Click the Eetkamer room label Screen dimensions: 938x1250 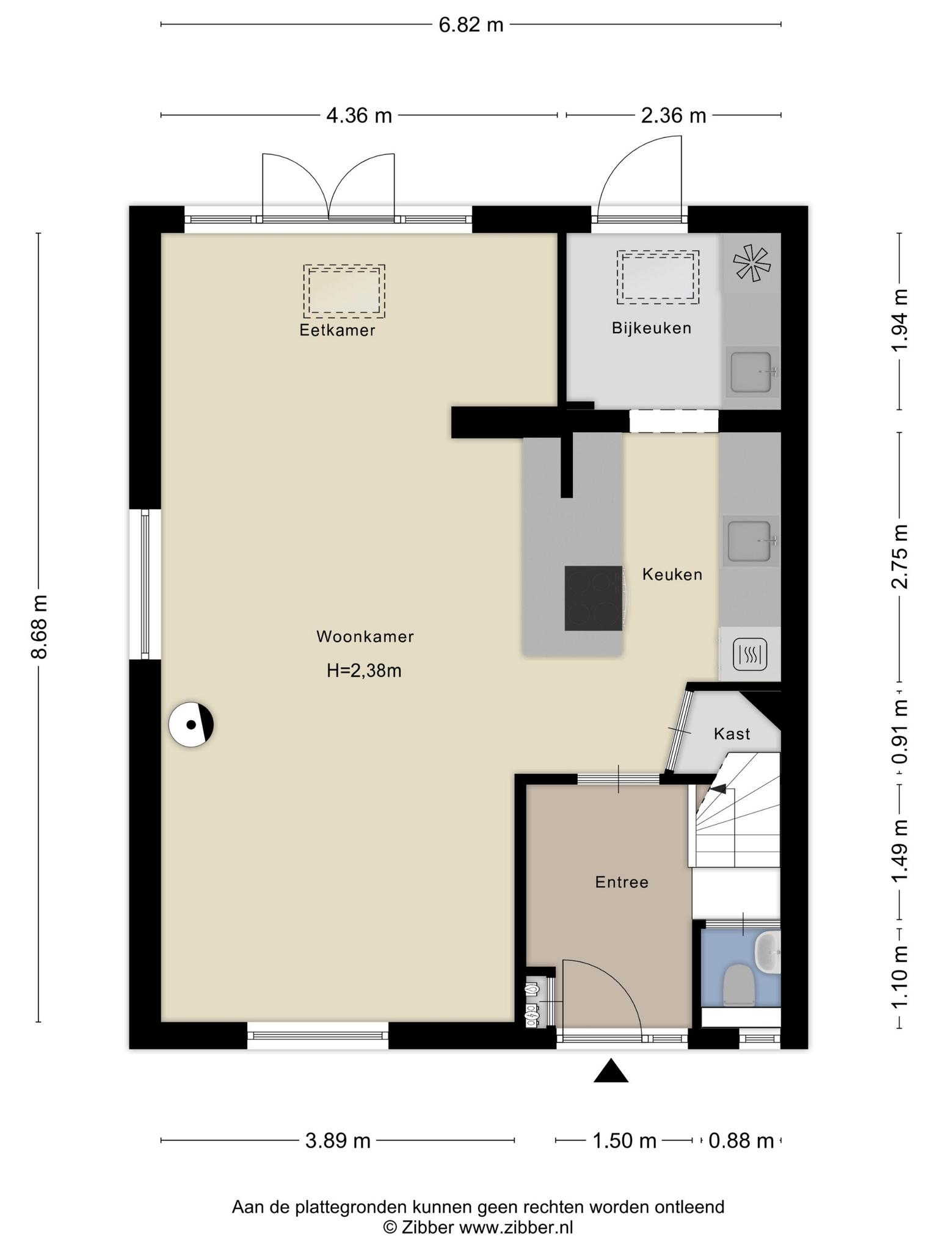(337, 330)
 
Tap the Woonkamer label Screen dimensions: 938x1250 (365, 637)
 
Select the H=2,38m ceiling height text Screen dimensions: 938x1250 (364, 671)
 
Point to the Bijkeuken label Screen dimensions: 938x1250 (652, 328)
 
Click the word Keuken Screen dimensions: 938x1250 (672, 574)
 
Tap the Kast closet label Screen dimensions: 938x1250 (732, 734)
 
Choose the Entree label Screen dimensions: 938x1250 (622, 882)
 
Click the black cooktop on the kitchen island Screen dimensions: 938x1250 (594, 598)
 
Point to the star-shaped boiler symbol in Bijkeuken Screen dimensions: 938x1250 (752, 264)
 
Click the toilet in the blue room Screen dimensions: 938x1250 (738, 984)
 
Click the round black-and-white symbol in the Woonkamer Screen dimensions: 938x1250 (191, 724)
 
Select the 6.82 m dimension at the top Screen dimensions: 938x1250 (471, 25)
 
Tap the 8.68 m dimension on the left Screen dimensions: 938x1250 (40, 627)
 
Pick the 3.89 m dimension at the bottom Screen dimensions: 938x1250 (338, 1140)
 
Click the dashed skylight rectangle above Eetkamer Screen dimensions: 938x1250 (344, 291)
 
